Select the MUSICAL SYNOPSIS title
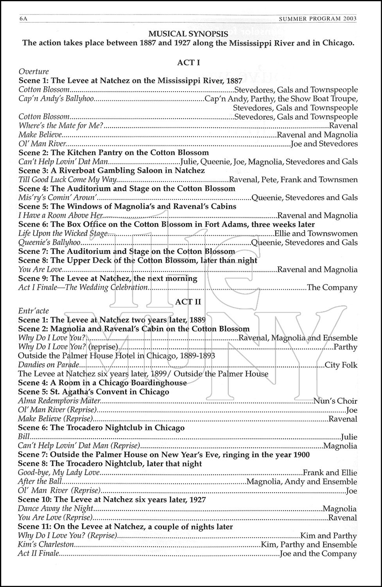(188, 34)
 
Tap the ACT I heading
(188, 62)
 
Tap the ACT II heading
(188, 302)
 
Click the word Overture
(34, 72)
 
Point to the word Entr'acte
(34, 311)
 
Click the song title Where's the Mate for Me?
(61, 126)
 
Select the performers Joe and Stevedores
(324, 144)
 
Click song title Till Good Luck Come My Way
(68, 180)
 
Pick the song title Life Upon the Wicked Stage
(63, 234)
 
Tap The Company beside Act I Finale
(332, 288)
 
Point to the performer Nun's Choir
(335, 401)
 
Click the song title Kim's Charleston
(46, 545)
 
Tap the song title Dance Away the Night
(56, 509)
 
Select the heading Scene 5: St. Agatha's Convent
(94, 392)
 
